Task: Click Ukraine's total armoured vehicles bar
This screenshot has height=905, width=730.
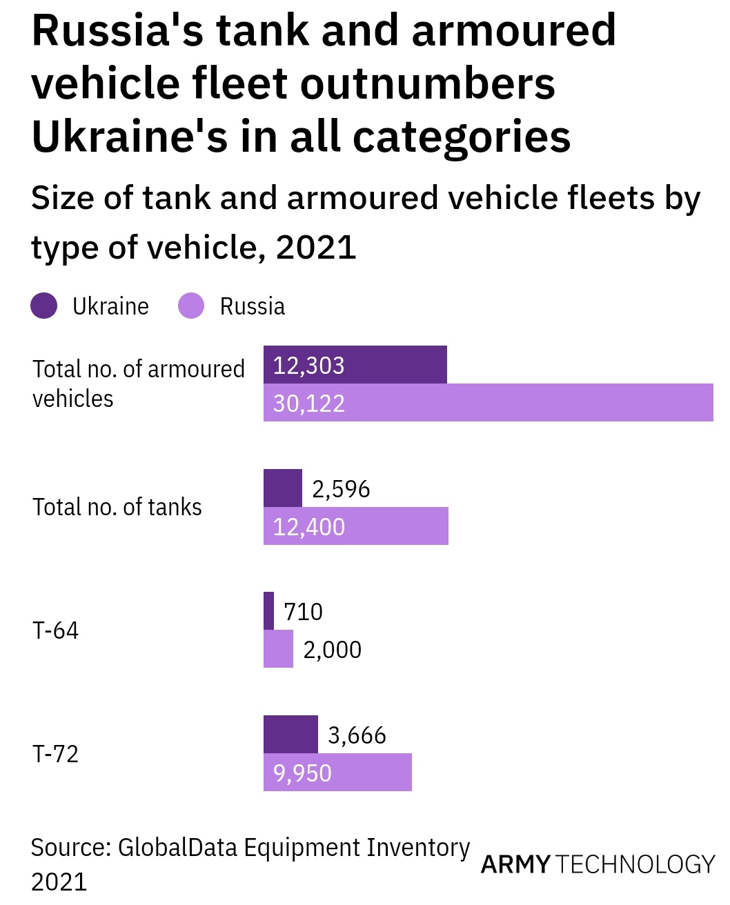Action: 355,364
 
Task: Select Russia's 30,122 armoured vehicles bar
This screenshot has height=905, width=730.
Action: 489,402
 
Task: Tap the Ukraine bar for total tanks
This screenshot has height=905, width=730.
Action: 283,488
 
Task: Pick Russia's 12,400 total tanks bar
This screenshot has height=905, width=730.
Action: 356,526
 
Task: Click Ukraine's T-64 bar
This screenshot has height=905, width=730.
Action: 269,610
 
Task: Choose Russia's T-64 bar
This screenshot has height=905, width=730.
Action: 278,649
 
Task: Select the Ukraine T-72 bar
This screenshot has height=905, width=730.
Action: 290,734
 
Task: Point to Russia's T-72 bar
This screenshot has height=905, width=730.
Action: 337,772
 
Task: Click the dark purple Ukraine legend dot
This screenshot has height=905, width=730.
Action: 44,306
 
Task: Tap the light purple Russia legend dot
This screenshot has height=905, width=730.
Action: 191,306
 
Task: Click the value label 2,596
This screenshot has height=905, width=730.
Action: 341,489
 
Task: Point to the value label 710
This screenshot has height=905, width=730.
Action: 303,612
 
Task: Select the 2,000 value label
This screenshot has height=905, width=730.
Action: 332,650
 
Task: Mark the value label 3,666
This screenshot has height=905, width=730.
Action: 357,735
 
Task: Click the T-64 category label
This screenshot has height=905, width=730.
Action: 56,630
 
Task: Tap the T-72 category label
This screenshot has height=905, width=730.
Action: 56,754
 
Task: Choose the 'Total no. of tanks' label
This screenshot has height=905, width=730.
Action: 117,507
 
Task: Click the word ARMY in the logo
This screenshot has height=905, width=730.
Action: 515,864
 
